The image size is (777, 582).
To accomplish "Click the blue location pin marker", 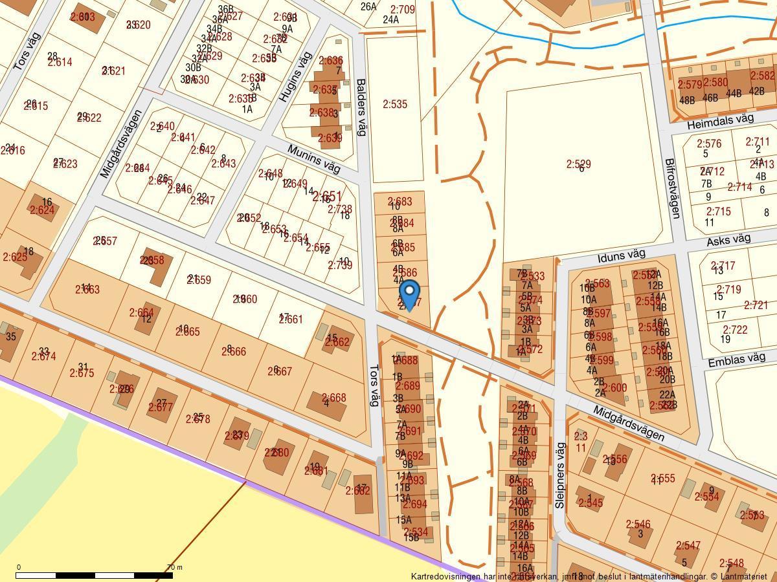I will [409, 295].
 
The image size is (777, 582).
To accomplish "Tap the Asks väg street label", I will [728, 240].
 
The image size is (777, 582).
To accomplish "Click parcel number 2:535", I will [395, 104].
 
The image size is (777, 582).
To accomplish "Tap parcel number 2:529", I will [578, 164].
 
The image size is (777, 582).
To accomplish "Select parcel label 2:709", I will [403, 10].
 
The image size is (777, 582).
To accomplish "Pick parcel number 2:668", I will [334, 398].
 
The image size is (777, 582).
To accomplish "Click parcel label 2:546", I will [638, 524].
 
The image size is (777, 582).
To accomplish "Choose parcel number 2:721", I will [756, 305].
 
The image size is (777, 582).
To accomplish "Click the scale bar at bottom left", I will [95, 575].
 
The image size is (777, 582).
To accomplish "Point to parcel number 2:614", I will [60, 62].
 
